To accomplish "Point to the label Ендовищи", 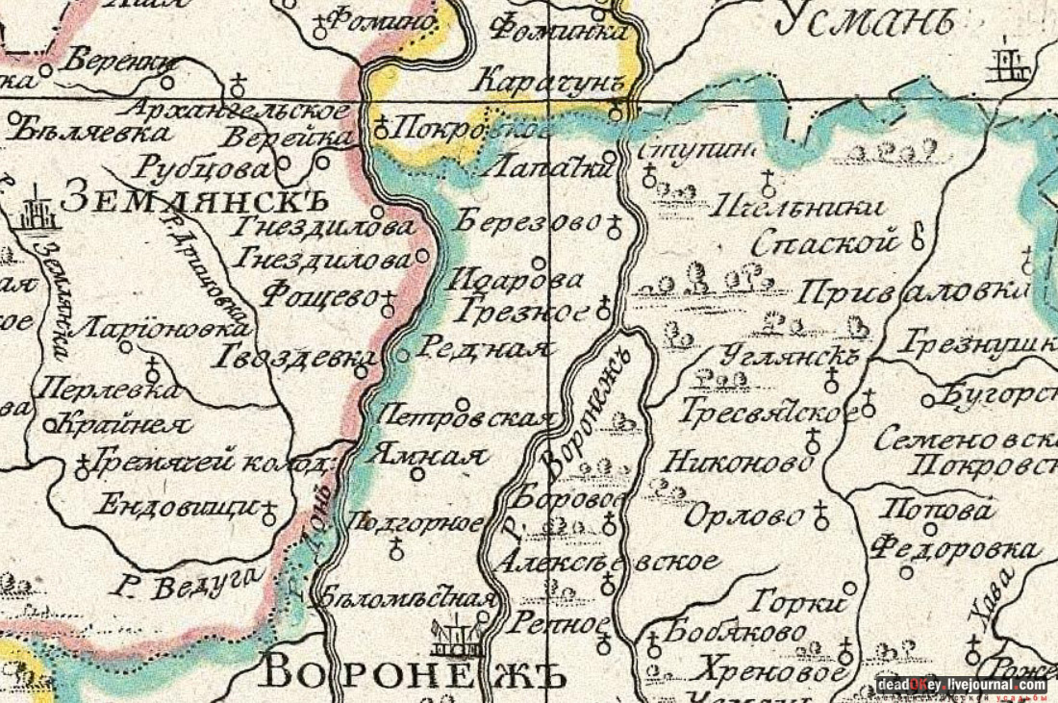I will point(176,507).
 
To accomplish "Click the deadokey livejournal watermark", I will point(961,685).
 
